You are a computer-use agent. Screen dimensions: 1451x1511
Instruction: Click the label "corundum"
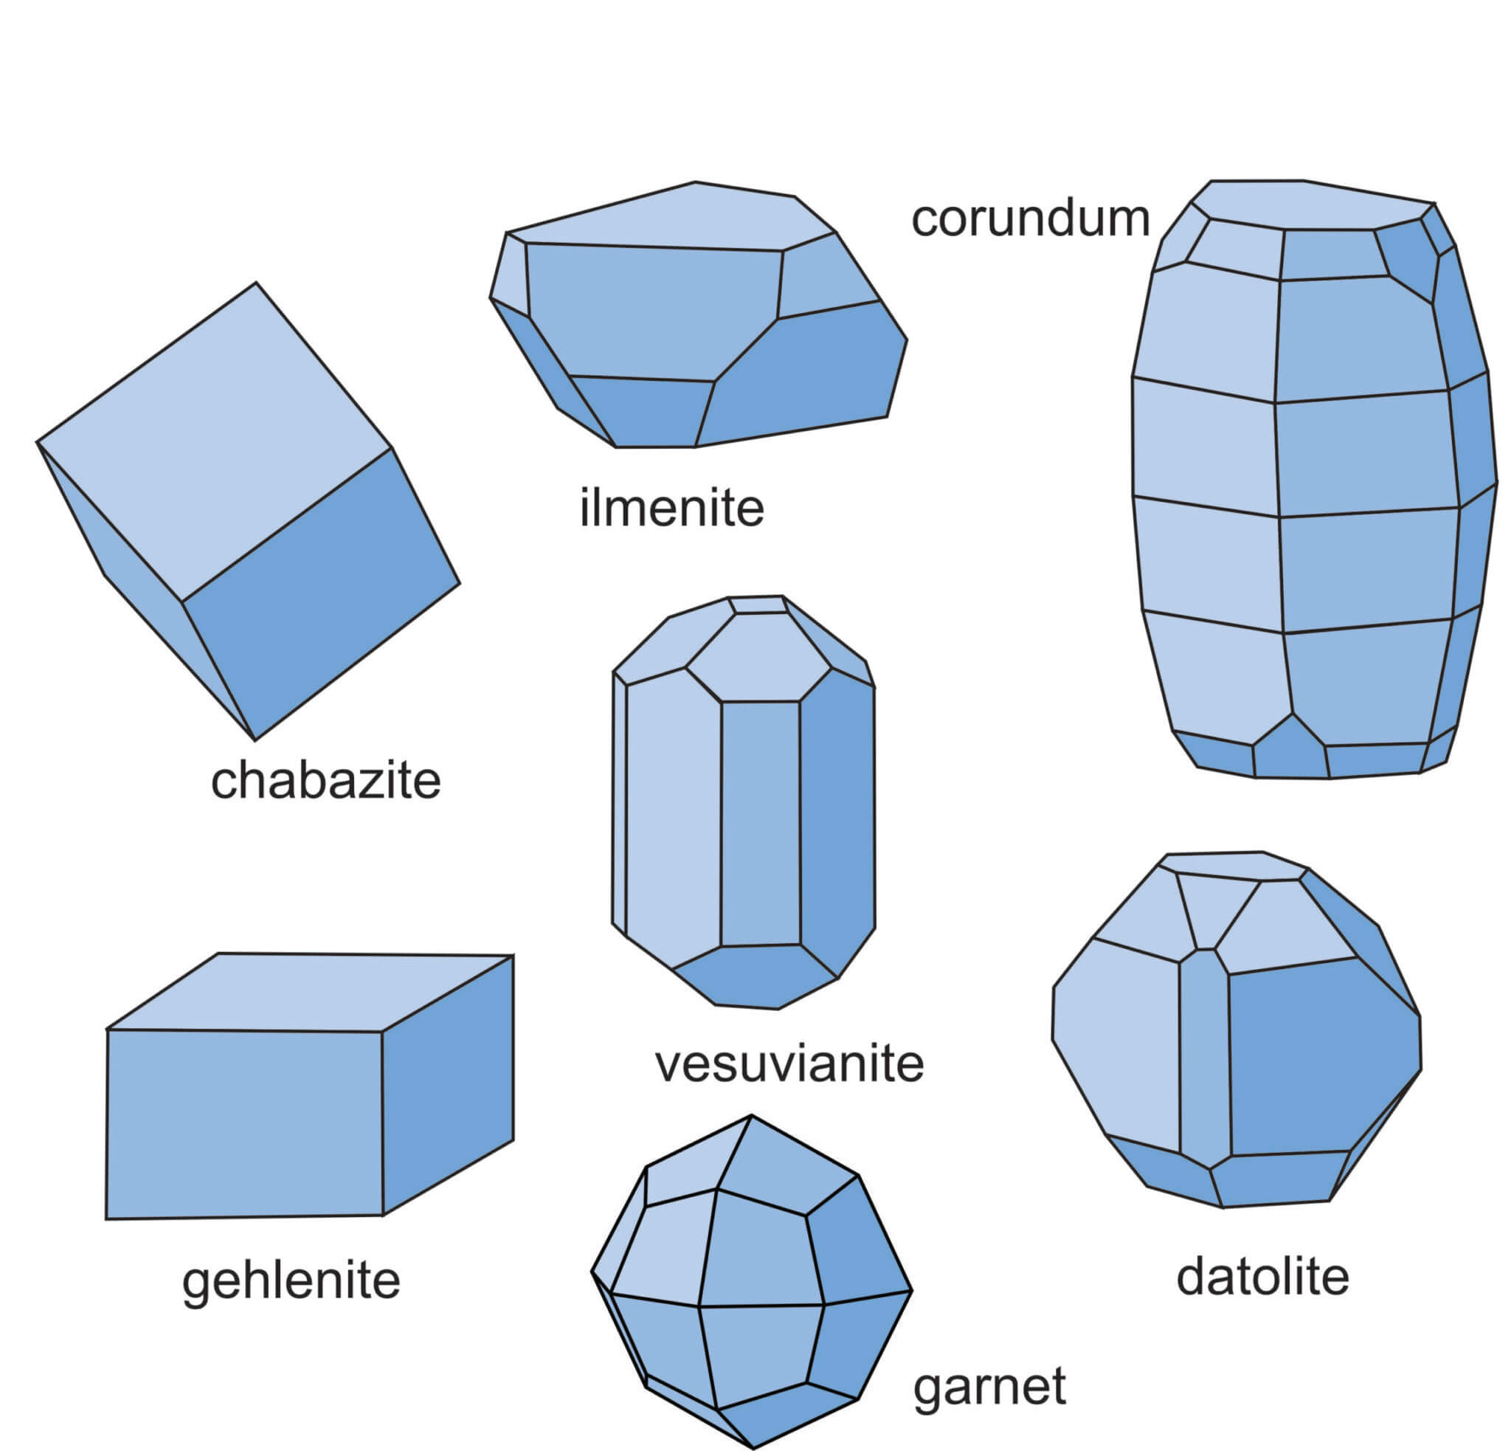pos(1030,218)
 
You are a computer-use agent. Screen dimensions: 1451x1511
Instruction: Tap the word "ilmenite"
pos(671,508)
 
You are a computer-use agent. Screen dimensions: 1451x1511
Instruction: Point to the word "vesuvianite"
pos(789,1064)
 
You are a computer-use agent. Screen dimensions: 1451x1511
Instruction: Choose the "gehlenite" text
pos(291,1281)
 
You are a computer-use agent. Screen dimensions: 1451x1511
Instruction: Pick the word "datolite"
pos(1263,1277)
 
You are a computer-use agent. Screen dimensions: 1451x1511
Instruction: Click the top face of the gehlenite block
pos(308,992)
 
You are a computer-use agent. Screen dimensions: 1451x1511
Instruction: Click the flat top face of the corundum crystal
pos(1310,204)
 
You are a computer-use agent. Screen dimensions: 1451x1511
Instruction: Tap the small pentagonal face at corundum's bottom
pos(1290,749)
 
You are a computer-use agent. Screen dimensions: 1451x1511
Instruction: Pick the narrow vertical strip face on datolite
pos(1204,1056)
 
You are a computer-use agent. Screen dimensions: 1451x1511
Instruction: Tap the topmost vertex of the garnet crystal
pos(751,1115)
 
